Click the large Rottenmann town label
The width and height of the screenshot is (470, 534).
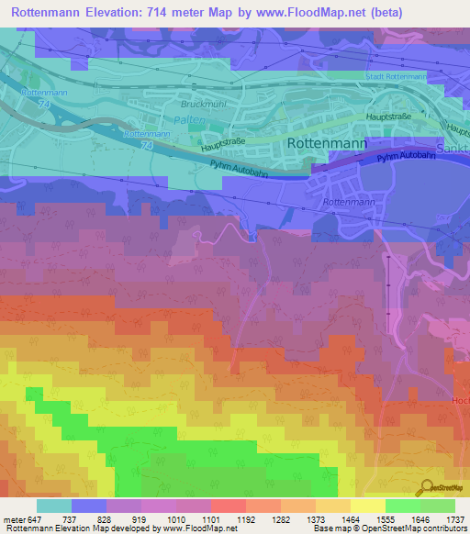pyautogui.click(x=328, y=144)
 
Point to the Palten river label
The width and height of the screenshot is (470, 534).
pyautogui.click(x=188, y=120)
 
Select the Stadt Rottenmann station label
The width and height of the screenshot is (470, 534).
pyautogui.click(x=396, y=77)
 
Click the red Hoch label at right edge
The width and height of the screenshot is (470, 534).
pyautogui.click(x=460, y=401)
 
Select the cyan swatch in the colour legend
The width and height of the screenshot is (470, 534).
pyautogui.click(x=53, y=506)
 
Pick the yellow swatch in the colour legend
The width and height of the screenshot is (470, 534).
pyautogui.click(x=367, y=506)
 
